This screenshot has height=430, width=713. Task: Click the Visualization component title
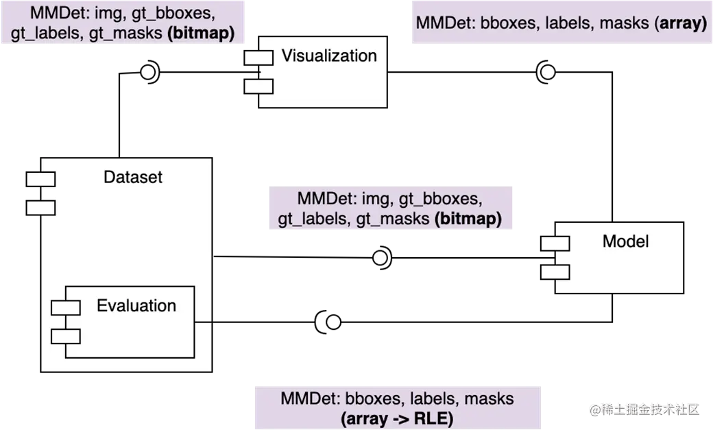click(329, 56)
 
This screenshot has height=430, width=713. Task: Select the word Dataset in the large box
click(133, 177)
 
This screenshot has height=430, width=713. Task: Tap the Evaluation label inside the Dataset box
click(136, 305)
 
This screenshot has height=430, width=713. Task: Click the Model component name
click(625, 241)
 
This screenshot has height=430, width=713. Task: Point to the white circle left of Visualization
click(147, 73)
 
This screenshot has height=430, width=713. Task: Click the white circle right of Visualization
click(547, 73)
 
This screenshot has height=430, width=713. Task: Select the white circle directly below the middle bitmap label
click(380, 258)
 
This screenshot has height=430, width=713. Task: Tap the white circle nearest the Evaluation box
click(333, 322)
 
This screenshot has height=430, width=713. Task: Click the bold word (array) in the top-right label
click(679, 23)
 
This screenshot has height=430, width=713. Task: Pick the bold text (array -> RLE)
click(397, 417)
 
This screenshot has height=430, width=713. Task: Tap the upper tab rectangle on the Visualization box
click(258, 58)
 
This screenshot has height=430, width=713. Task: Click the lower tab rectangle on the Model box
click(555, 272)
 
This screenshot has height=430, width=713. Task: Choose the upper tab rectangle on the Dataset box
click(40, 179)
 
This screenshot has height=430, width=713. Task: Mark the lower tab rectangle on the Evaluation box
click(66, 336)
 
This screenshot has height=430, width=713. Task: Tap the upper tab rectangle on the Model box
click(555, 243)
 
